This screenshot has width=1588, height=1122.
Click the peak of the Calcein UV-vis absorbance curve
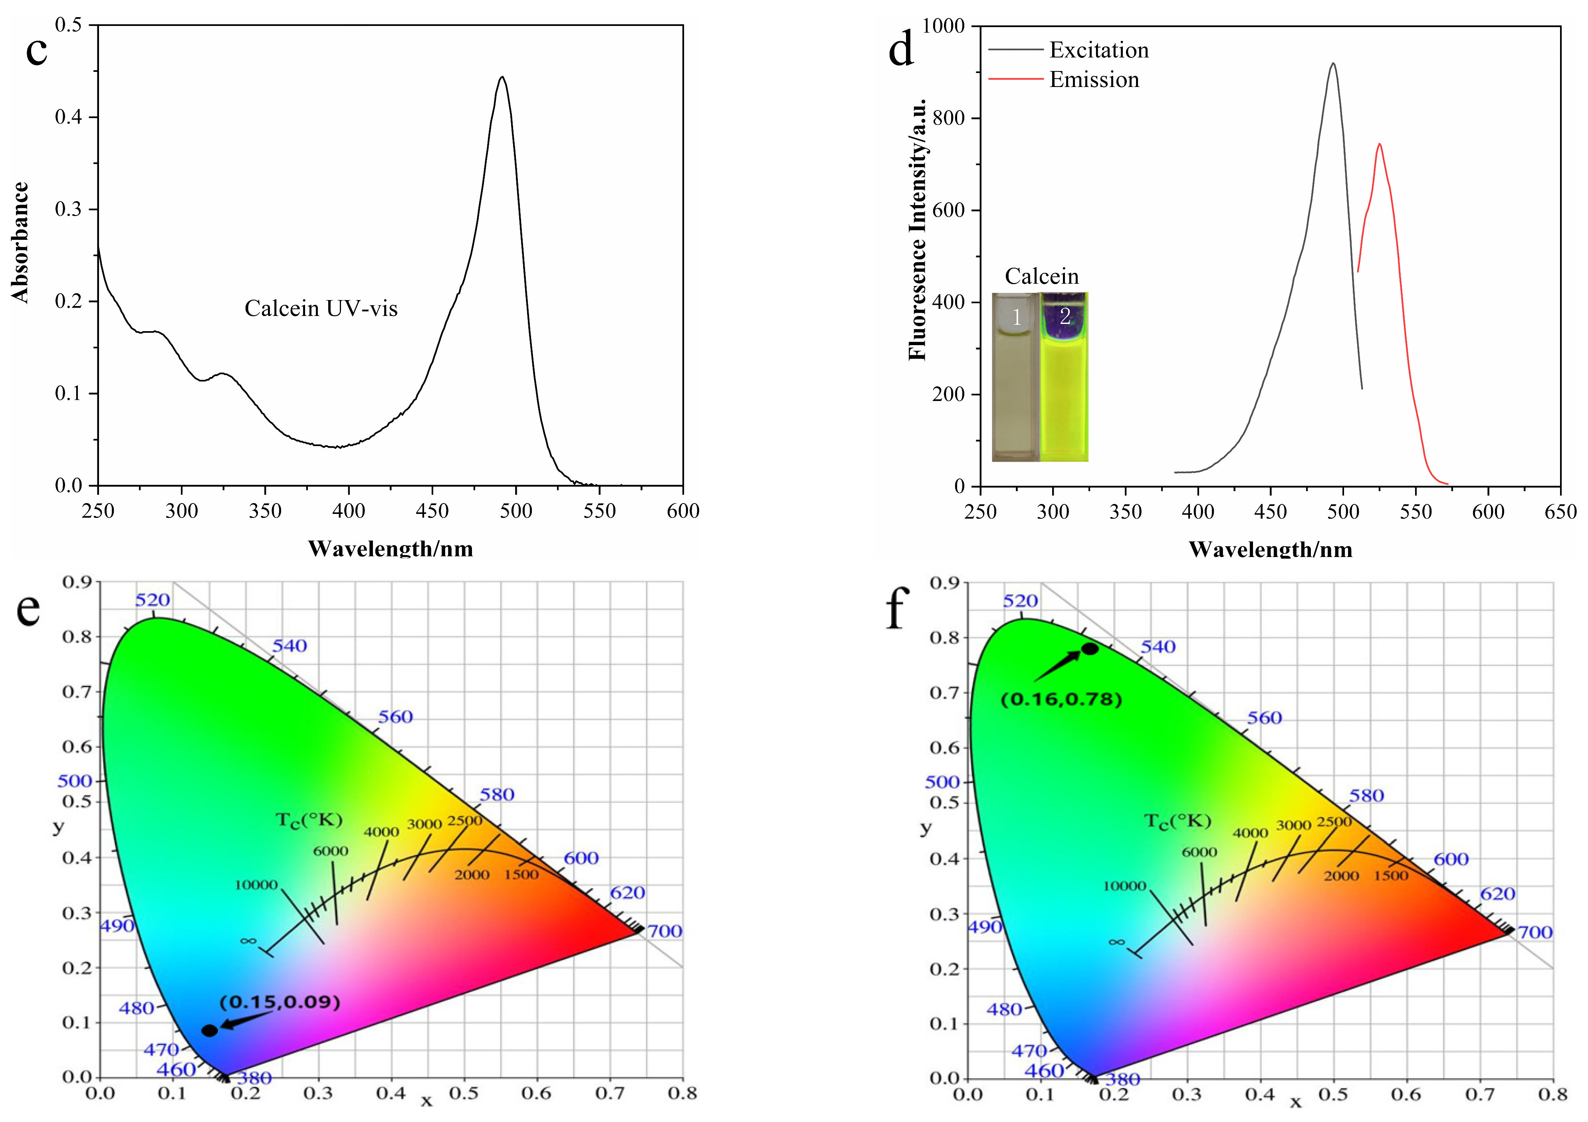[502, 77]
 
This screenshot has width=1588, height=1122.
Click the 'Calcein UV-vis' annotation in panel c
[321, 308]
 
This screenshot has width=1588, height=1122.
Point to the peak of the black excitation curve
[1333, 63]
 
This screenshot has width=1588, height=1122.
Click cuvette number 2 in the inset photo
[1065, 377]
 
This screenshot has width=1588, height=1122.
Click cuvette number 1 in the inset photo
[1015, 377]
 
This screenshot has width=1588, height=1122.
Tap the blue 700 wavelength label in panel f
[1535, 932]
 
